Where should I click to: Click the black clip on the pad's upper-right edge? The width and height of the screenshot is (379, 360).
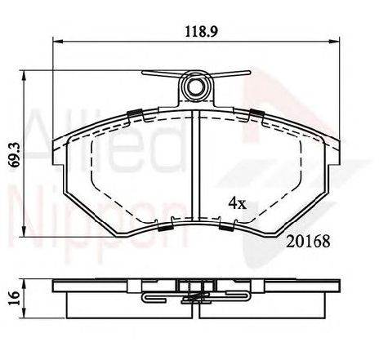(x=256, y=113)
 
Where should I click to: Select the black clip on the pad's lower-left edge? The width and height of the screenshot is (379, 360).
(x=163, y=227)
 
